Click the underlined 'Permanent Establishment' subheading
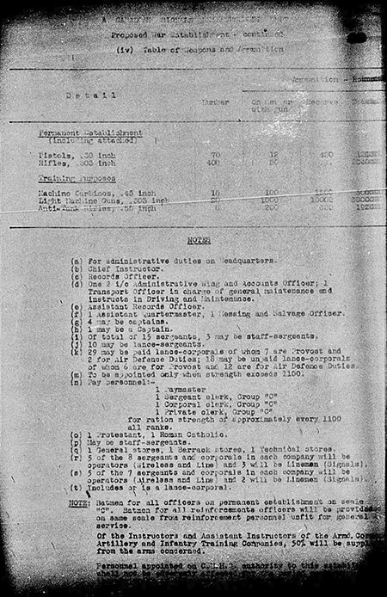point(91,134)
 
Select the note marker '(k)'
point(79,354)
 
